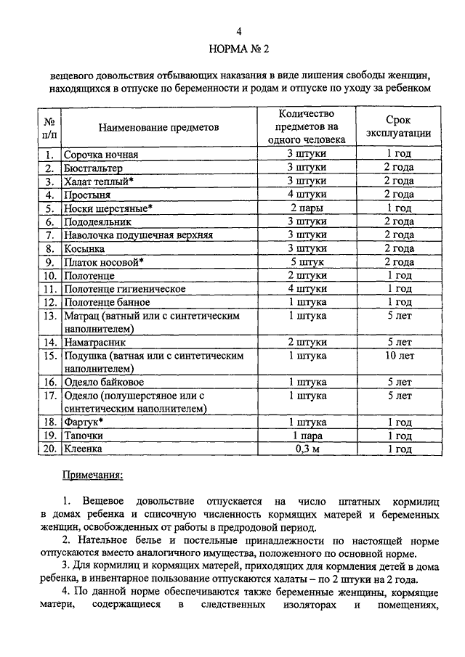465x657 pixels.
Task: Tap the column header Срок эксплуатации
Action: [399, 127]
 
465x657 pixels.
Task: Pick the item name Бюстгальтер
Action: [92, 168]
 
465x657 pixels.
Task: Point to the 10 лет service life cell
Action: [399, 356]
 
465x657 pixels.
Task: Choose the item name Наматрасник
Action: [95, 342]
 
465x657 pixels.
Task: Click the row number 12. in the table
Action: [49, 302]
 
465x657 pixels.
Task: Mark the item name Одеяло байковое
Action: [103, 382]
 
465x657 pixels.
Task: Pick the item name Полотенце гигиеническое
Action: [124, 289]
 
